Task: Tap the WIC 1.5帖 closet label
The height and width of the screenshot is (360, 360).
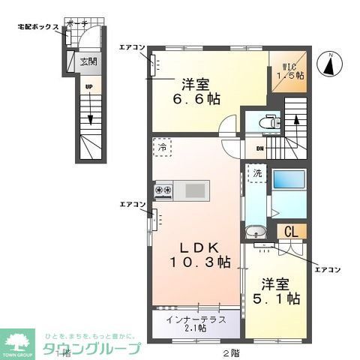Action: pyautogui.click(x=289, y=70)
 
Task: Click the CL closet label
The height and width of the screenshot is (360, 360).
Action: pyautogui.click(x=290, y=232)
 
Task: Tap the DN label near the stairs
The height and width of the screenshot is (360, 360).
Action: pyautogui.click(x=259, y=148)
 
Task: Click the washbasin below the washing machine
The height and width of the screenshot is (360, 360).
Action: pyautogui.click(x=256, y=232)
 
